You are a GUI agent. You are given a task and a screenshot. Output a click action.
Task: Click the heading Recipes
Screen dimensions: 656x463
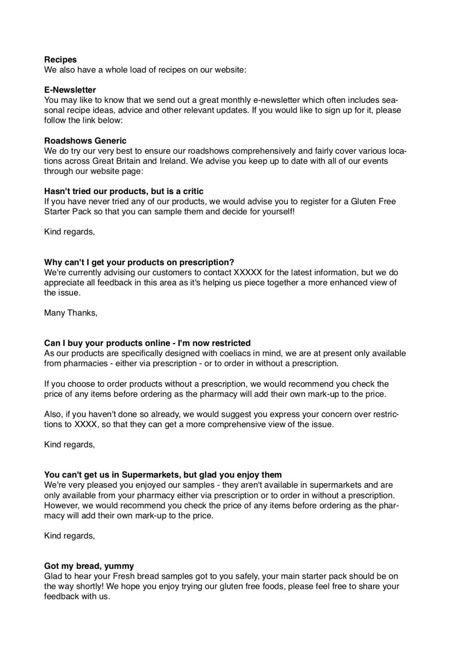click(60, 60)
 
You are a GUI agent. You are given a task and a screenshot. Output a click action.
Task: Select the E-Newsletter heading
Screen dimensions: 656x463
click(70, 90)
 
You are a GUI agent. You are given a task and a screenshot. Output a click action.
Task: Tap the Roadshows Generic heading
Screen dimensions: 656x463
click(85, 141)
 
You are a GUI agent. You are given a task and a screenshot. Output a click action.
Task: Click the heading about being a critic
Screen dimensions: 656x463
click(124, 191)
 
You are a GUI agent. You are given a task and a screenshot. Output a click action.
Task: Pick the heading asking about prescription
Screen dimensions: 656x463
click(139, 263)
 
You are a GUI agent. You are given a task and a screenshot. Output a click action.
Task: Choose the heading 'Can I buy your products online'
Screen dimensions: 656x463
click(147, 343)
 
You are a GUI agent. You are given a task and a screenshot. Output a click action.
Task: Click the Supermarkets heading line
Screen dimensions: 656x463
click(163, 475)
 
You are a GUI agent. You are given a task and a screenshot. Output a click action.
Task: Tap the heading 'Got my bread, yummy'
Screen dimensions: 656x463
click(89, 566)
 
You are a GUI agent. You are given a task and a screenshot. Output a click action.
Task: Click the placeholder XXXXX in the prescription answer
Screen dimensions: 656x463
click(248, 272)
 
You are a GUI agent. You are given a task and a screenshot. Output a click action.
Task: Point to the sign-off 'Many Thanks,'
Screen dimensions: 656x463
click(71, 313)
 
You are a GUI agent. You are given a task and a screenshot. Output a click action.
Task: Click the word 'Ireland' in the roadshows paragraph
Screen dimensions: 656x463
click(173, 161)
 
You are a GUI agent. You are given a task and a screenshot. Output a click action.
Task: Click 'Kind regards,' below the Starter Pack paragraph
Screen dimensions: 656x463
click(69, 232)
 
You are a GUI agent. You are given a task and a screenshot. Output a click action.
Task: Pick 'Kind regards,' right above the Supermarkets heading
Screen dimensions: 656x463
click(69, 445)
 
